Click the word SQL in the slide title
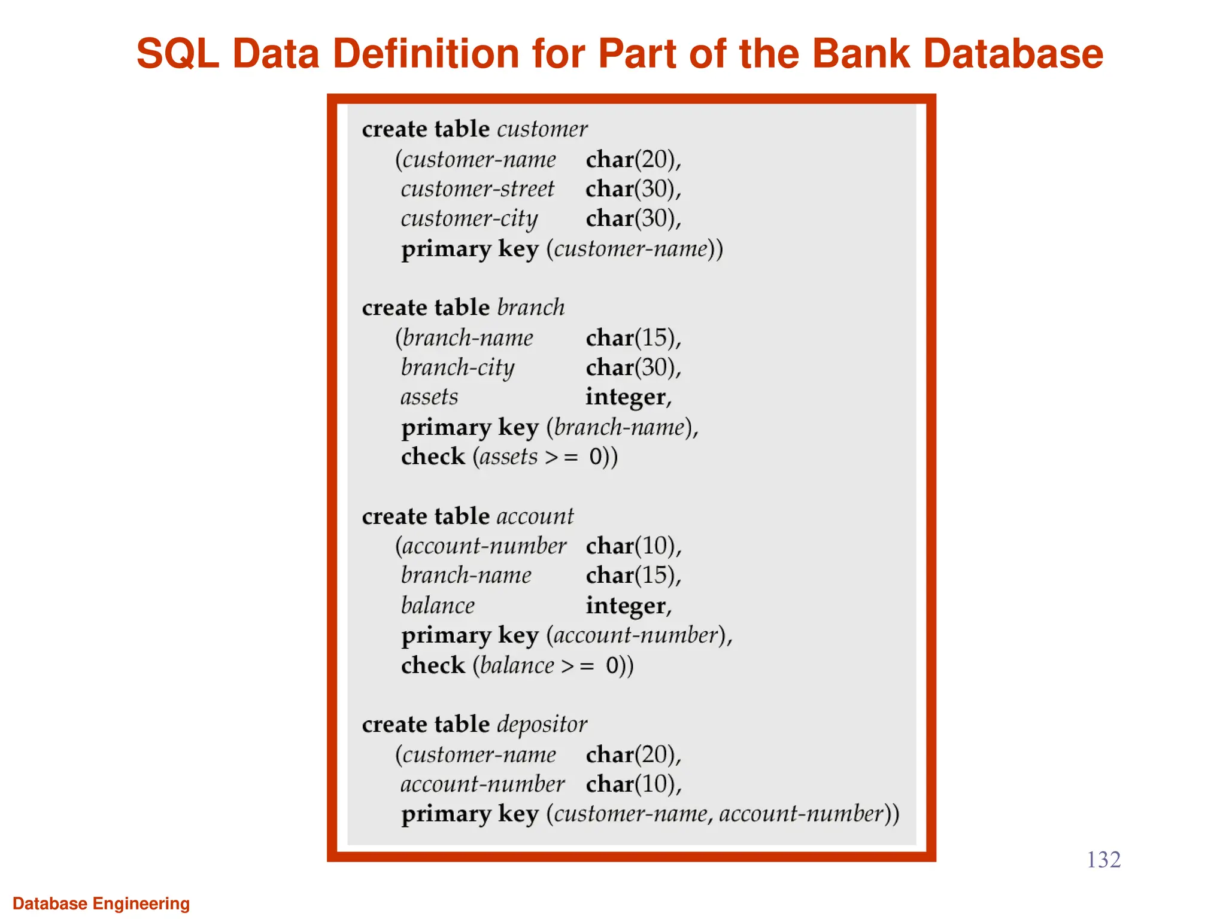coord(177,54)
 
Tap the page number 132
coord(1103,860)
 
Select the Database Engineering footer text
coord(101,903)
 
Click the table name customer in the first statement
coord(542,129)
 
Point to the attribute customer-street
coord(478,189)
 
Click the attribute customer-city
coord(469,219)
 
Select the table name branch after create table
coord(531,308)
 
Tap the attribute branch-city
coord(457,367)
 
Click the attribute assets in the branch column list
coord(429,397)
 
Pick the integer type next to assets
coord(626,397)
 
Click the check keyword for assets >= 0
coord(433,457)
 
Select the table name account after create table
coord(535,516)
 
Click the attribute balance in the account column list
coord(438,605)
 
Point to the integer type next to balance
coord(626,605)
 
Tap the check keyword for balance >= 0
coord(433,665)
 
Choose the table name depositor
coord(542,725)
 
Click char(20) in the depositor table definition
coord(633,755)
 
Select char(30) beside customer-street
coord(633,189)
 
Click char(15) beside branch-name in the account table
coord(633,576)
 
